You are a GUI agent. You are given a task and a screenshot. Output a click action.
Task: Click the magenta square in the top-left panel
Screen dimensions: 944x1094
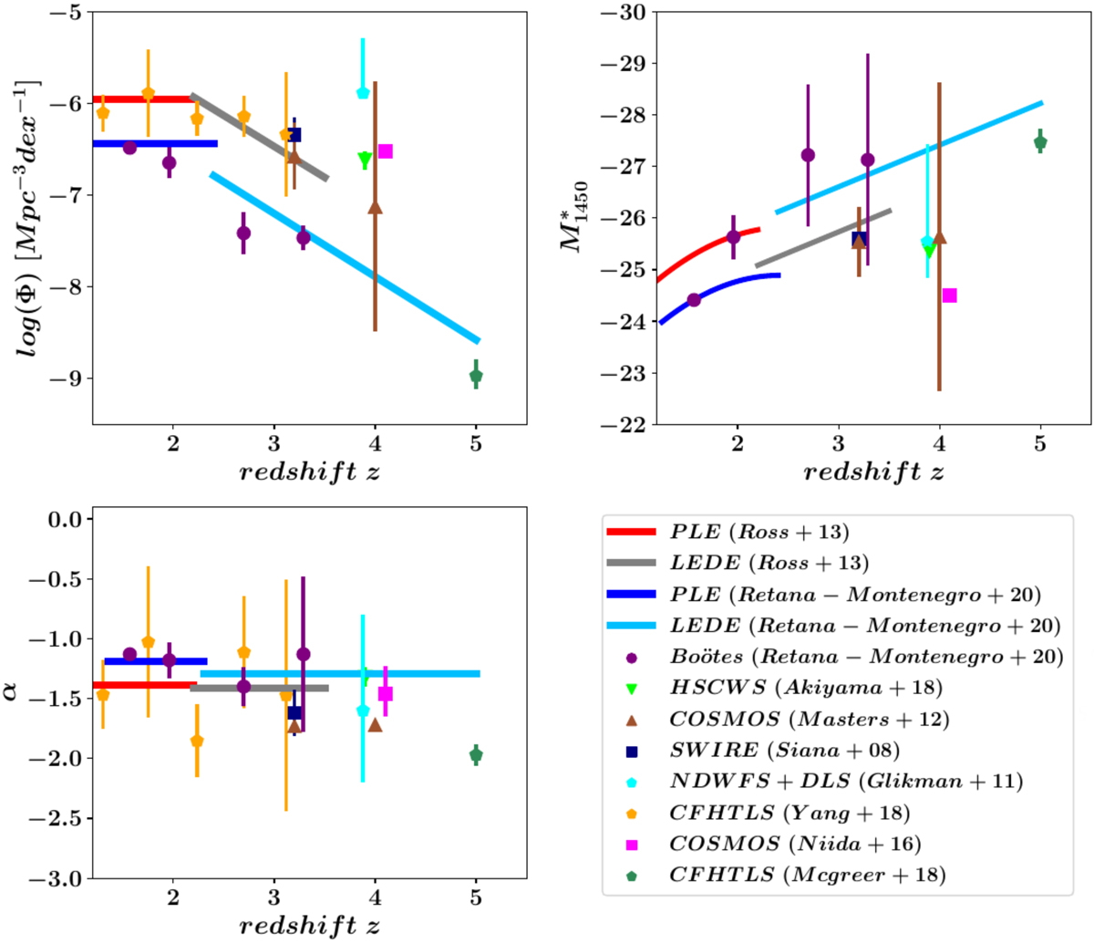tap(385, 151)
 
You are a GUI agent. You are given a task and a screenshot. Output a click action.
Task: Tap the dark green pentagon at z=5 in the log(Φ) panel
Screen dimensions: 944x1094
tap(476, 376)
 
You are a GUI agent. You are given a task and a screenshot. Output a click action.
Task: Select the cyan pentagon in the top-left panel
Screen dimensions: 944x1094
tap(363, 93)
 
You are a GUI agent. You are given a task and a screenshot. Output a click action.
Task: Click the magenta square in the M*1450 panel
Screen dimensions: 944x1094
tap(949, 296)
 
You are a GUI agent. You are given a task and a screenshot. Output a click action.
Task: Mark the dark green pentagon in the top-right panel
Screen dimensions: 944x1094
tap(1040, 142)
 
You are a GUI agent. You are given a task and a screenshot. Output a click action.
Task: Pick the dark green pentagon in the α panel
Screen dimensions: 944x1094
tap(476, 755)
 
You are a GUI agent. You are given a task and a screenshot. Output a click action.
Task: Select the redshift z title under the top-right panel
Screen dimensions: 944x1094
tap(872, 472)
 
